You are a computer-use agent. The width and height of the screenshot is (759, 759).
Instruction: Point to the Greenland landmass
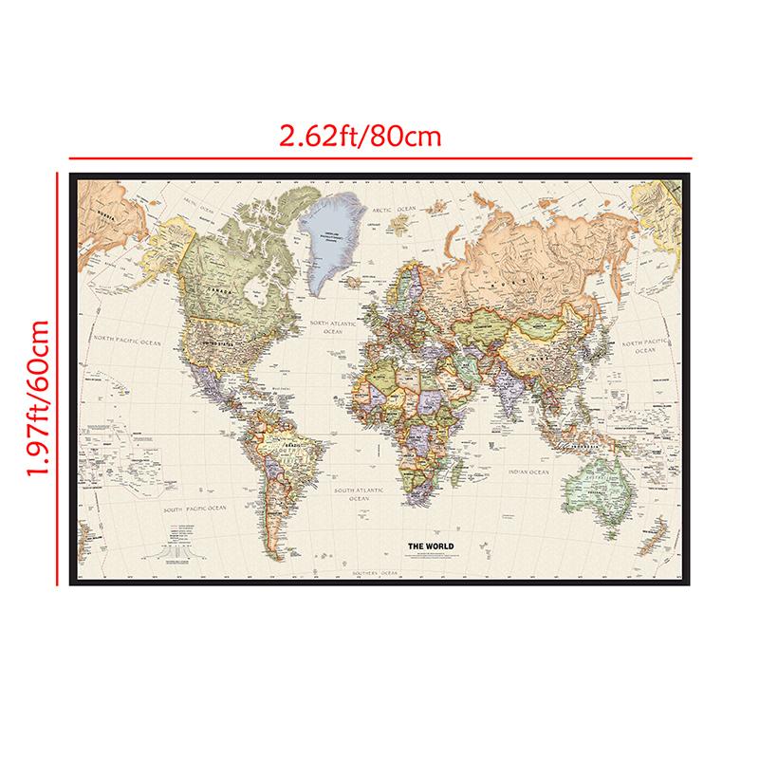tap(327, 237)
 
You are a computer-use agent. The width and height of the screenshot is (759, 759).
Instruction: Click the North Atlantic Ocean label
tap(332, 327)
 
